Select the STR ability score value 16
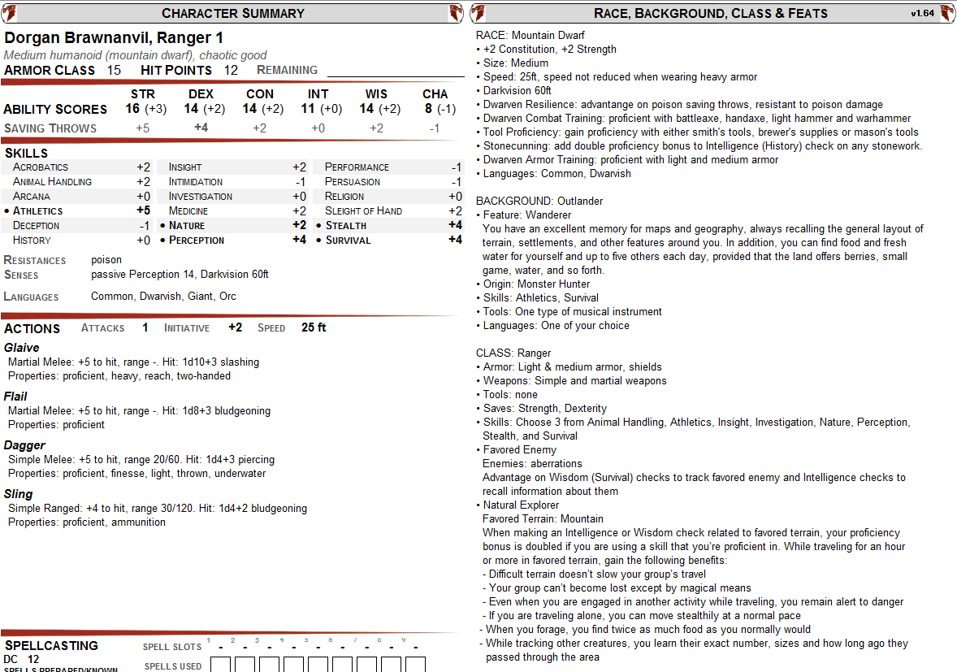point(132,109)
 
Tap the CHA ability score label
point(435,94)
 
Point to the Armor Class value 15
point(114,70)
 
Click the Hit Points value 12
point(231,70)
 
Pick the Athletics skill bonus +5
point(143,210)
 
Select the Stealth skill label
point(345,225)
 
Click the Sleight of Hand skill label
point(363,210)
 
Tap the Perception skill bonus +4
point(299,240)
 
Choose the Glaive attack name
point(22,348)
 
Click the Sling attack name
point(19,494)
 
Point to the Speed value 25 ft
point(314,327)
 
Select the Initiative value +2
point(235,327)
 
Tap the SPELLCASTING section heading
point(51,645)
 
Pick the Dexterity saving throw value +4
point(201,128)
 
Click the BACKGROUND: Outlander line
point(539,201)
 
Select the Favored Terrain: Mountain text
point(543,518)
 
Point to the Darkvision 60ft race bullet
point(517,90)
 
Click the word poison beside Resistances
point(106,260)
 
